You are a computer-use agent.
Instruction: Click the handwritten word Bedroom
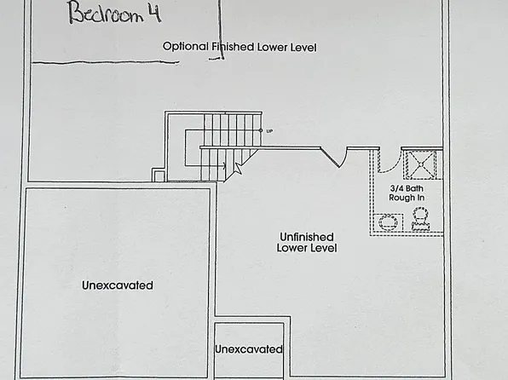(106, 13)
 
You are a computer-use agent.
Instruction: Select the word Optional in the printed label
(185, 47)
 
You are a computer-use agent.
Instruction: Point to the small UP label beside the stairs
(269, 131)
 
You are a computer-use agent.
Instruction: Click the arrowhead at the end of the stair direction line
(224, 166)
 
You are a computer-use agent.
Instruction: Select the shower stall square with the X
(421, 164)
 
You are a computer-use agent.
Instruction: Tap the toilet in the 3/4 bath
(420, 219)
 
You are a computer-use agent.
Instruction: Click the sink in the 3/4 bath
(388, 222)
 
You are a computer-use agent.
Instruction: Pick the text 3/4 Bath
(407, 188)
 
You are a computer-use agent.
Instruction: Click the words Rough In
(407, 198)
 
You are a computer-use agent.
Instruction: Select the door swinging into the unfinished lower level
(334, 158)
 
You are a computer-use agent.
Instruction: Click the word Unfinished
(307, 237)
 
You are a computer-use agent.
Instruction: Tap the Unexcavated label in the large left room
(118, 285)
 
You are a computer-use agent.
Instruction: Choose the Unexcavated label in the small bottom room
(249, 349)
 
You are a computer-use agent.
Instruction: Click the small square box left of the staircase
(159, 175)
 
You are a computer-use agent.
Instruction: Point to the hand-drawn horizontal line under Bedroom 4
(106, 62)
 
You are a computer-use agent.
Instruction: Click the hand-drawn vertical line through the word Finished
(221, 30)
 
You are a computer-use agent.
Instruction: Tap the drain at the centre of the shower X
(421, 164)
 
